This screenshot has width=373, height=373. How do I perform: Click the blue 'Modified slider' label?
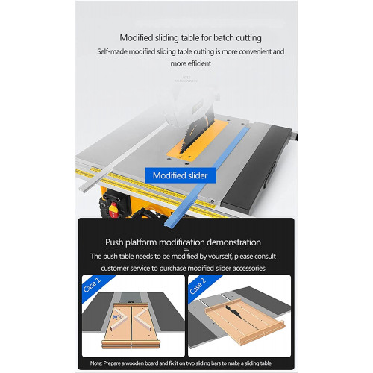[x=181, y=175]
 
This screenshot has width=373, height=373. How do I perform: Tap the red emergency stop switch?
[x=113, y=208]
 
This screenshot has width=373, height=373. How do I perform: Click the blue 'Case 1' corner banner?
[x=95, y=286]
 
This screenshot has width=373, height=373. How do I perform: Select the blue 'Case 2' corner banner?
[x=201, y=286]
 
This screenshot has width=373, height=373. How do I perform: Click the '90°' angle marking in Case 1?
[x=116, y=317]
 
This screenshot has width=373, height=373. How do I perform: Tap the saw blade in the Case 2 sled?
[x=233, y=312]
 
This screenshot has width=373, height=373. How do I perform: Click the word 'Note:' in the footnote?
[x=96, y=363]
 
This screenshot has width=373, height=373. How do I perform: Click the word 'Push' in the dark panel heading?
[x=114, y=242]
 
